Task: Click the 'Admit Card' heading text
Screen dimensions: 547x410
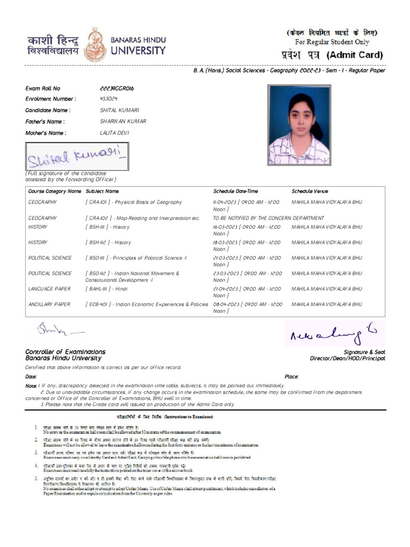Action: pos(354,55)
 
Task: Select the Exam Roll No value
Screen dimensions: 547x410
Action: pos(117,88)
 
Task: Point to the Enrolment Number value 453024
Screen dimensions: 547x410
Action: pos(109,99)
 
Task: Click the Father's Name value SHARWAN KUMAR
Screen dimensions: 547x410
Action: pos(123,121)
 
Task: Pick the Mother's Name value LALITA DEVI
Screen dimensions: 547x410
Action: pos(114,132)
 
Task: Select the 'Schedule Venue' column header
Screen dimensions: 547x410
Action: pos(310,191)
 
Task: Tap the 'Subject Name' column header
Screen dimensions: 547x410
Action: pos(102,191)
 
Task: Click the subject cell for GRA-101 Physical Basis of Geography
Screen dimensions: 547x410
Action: pos(133,202)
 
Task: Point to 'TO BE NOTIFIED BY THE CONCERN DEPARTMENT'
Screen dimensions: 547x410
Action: pos(268,218)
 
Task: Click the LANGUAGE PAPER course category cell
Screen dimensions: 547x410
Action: pos(49,288)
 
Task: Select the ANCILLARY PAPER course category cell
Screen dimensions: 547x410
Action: pos(49,304)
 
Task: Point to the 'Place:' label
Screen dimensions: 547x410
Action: pos(291,377)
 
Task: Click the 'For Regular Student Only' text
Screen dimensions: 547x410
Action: pos(332,42)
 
